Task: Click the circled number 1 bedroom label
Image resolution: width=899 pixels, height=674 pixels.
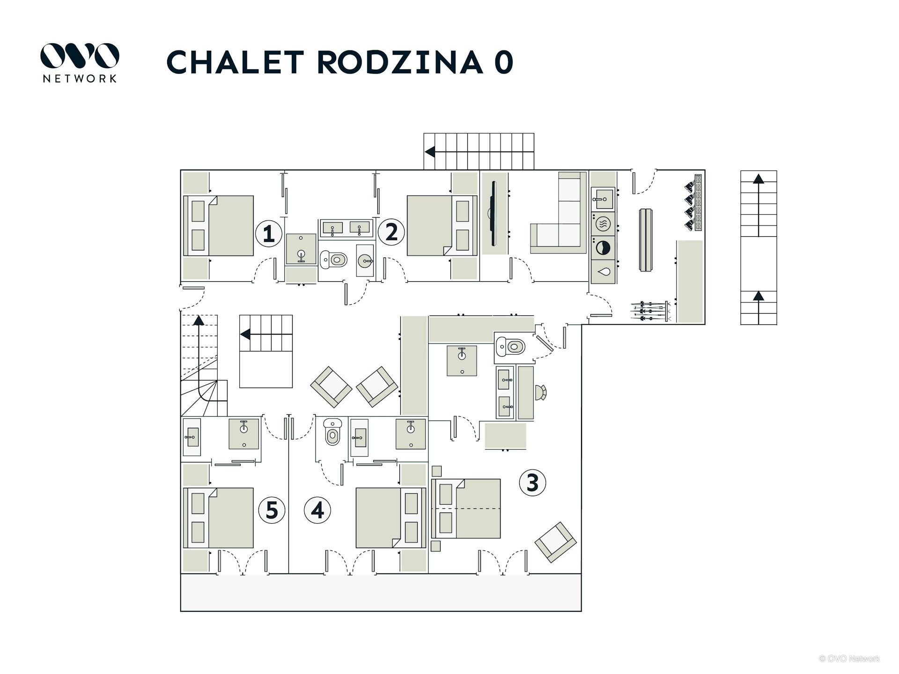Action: pos(268,234)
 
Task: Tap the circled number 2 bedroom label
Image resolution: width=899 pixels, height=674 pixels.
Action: pos(391,232)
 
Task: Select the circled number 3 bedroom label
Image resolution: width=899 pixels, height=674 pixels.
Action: pos(532,483)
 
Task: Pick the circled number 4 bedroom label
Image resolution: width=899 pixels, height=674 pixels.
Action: pos(317,510)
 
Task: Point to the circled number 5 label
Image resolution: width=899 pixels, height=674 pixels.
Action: pos(272,510)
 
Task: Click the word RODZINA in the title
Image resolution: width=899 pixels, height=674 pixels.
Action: pos(400,62)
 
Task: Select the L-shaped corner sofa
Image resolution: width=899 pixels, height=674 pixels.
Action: pos(562,220)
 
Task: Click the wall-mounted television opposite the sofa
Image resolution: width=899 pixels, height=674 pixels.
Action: pos(493,213)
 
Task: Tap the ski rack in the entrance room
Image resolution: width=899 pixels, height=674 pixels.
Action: pos(651,311)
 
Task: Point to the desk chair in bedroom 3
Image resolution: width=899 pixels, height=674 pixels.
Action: pos(541,392)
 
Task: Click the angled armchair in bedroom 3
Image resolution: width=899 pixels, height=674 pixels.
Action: pos(555,542)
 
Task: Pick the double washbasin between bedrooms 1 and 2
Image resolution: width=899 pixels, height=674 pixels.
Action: pos(346,228)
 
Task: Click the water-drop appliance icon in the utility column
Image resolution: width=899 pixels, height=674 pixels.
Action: pos(603,271)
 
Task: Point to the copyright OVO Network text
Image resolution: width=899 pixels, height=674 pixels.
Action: pos(849,659)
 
